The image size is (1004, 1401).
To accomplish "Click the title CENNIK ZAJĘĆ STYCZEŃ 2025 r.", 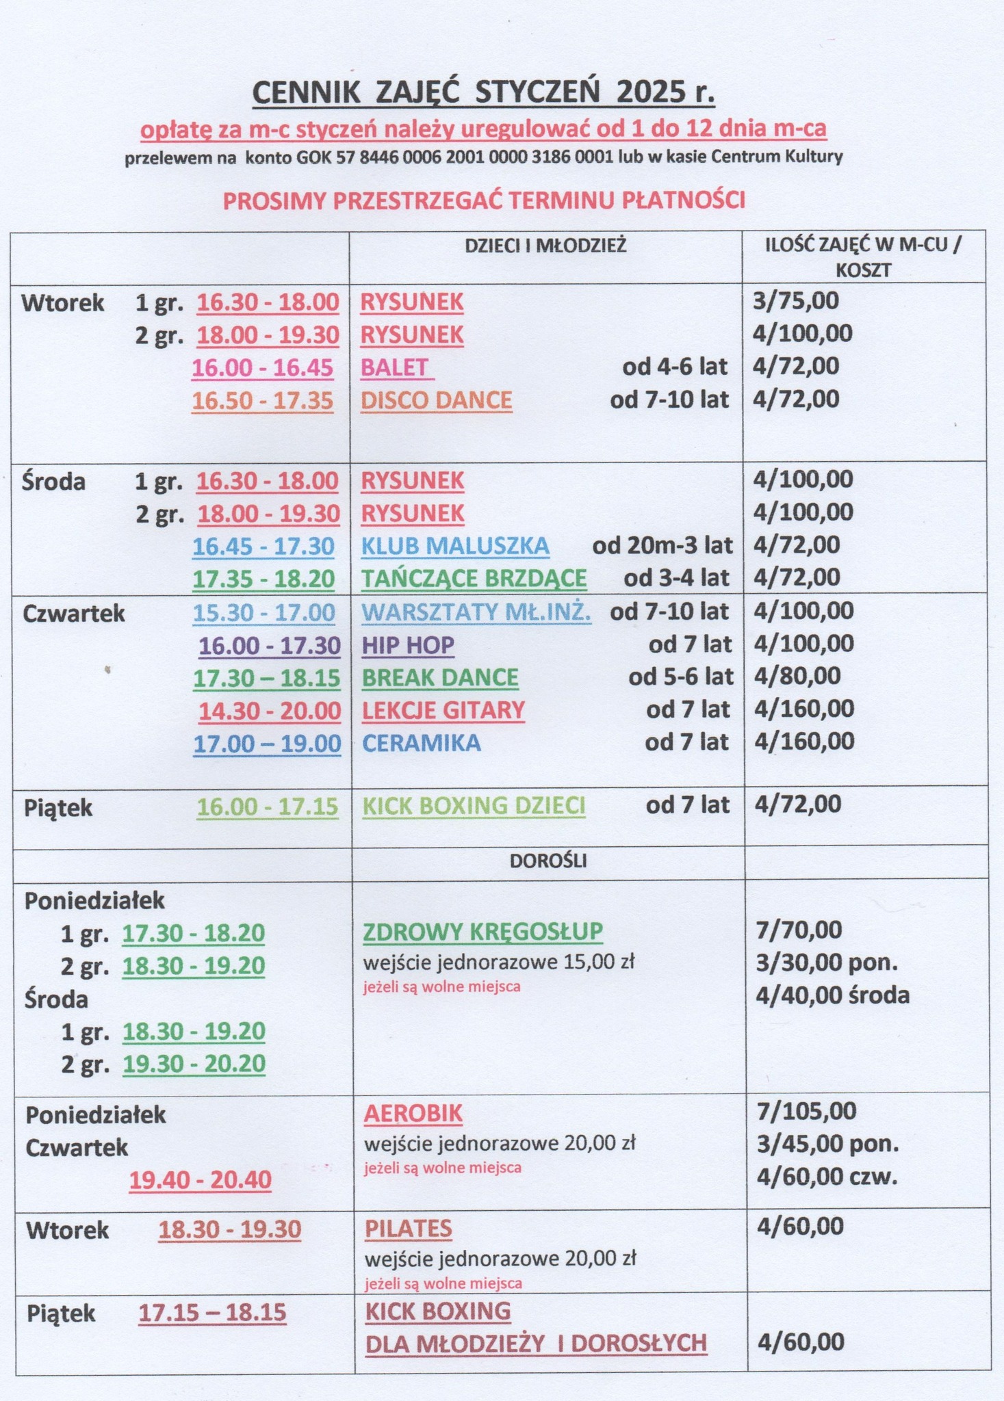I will (x=483, y=92).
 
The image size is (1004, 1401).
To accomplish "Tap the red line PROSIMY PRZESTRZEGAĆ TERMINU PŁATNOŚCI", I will (x=484, y=200).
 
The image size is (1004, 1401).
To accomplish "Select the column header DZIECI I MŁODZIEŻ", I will (x=545, y=246).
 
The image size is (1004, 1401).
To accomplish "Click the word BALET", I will (x=395, y=367).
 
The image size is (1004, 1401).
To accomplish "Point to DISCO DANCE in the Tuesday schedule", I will (x=436, y=400).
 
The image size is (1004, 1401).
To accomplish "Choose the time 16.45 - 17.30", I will (x=263, y=546).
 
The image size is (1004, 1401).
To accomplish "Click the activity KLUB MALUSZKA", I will (x=455, y=545).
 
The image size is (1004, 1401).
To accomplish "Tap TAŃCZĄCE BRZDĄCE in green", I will (x=474, y=579).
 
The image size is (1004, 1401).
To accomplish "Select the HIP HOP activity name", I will (x=408, y=644).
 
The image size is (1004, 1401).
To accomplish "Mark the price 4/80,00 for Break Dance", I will (x=797, y=676).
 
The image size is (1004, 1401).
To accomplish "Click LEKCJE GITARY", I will (x=443, y=710).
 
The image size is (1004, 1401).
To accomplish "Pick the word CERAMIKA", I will (x=421, y=743).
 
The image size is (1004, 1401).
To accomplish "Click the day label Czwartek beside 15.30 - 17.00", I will (x=74, y=614).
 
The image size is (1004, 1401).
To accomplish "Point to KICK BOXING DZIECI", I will (x=474, y=806).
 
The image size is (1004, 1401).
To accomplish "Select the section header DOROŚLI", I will (x=548, y=861).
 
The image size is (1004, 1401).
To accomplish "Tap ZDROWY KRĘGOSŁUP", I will (x=482, y=931).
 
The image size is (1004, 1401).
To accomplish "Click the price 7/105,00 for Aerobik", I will (x=806, y=1110).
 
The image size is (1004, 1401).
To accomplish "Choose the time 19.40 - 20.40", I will (x=201, y=1180).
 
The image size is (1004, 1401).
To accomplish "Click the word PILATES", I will (x=408, y=1229).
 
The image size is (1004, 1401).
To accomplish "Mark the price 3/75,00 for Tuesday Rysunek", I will (x=796, y=300).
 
